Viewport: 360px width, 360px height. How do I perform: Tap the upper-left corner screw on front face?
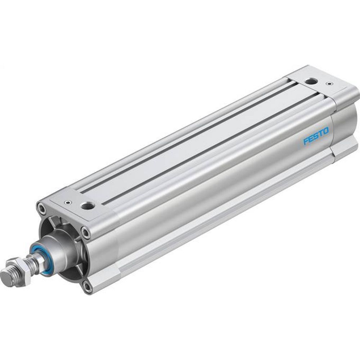(x=43, y=208)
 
